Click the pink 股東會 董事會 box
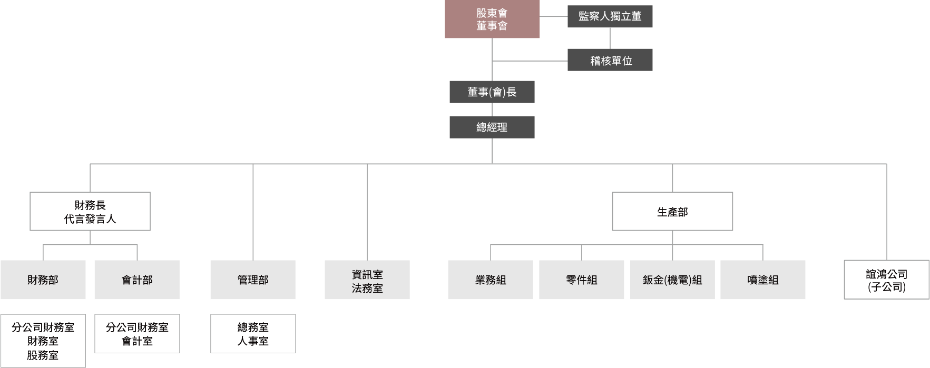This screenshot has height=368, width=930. [x=492, y=19]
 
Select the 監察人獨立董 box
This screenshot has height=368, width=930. [x=610, y=16]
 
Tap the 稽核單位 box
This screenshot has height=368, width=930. [x=610, y=60]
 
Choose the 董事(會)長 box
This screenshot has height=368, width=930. [x=492, y=92]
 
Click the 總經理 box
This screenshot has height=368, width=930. [x=492, y=127]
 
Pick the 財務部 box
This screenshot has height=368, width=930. [x=43, y=280]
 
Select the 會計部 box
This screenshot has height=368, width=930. [x=137, y=280]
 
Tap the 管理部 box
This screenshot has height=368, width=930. [x=253, y=280]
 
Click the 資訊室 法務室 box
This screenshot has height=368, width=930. [x=367, y=280]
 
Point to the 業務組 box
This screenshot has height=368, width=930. [x=491, y=280]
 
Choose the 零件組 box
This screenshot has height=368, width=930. [x=582, y=280]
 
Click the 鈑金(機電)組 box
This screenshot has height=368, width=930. [x=672, y=280]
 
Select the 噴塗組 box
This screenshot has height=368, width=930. [x=762, y=280]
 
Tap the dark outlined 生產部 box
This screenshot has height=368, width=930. [x=672, y=211]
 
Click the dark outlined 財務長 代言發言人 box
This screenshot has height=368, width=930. [x=90, y=211]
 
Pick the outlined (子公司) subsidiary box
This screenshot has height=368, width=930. [x=886, y=280]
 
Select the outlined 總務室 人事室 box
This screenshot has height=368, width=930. [x=253, y=334]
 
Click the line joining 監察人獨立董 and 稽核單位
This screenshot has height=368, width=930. [x=610, y=38]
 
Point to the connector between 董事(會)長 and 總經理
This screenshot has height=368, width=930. [x=492, y=110]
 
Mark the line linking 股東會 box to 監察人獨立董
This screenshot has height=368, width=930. [x=553, y=17]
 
